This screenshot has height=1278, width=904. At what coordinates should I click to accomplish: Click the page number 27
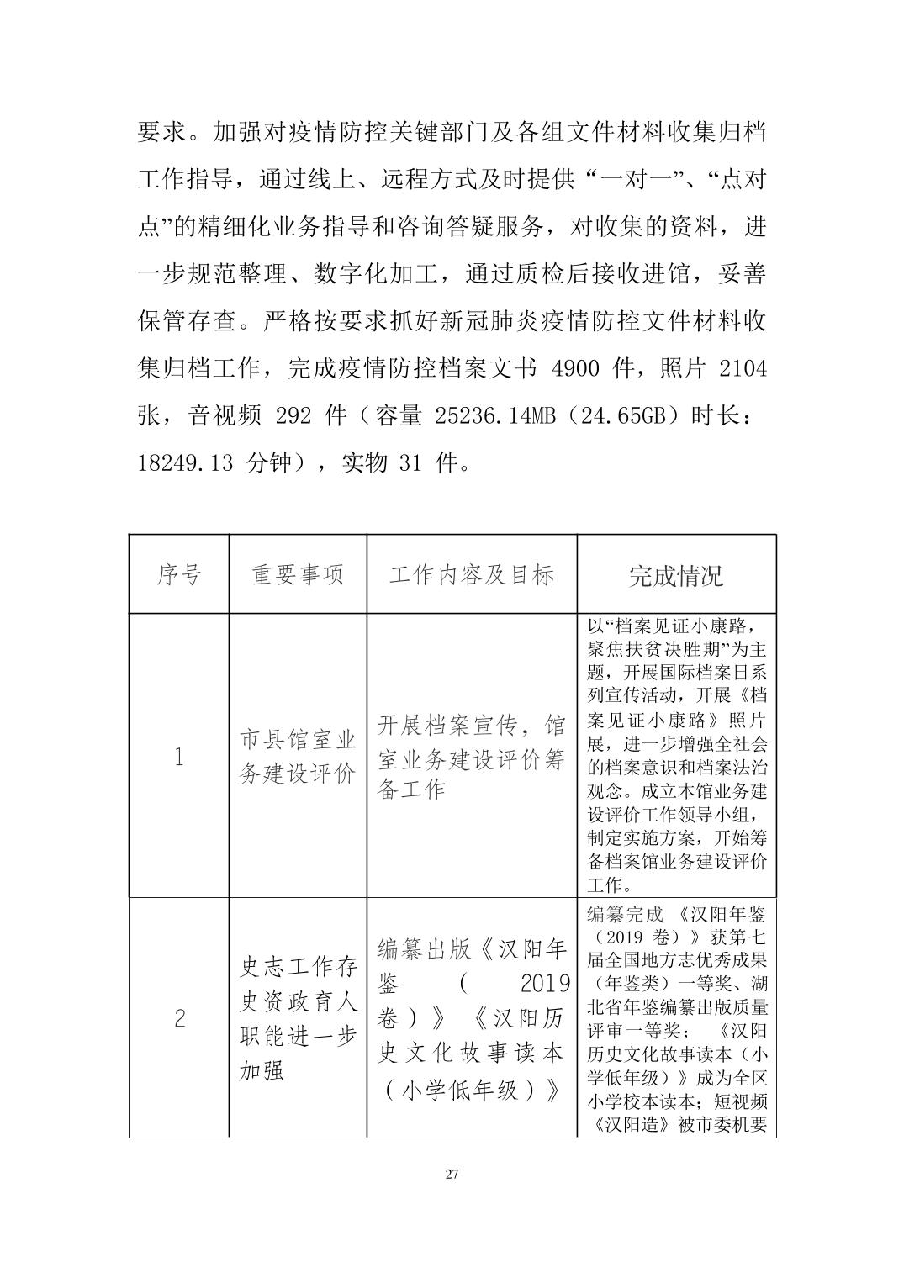[x=452, y=1175]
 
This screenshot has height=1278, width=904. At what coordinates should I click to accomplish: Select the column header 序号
[x=178, y=575]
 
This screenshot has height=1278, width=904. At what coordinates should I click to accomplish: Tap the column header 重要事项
[x=298, y=575]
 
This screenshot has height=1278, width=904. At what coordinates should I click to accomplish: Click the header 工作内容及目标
[x=471, y=575]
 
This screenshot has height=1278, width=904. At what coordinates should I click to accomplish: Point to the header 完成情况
[x=676, y=575]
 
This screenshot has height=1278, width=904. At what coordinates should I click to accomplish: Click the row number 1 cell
[x=178, y=757]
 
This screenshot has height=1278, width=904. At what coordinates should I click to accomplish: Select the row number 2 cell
[x=178, y=1019]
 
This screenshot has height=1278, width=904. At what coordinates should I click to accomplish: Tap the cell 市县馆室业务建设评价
[x=298, y=757]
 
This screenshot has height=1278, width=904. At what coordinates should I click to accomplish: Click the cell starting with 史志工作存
[x=298, y=1019]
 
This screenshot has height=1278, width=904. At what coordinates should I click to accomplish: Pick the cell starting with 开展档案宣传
[x=471, y=757]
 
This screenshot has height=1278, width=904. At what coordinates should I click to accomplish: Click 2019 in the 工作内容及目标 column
[x=545, y=983]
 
